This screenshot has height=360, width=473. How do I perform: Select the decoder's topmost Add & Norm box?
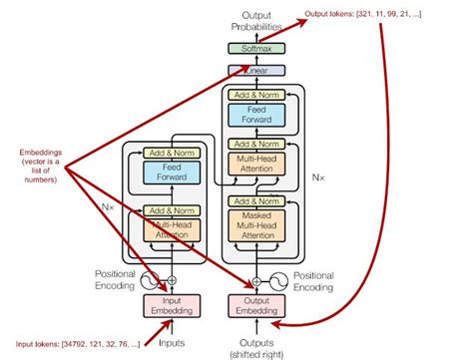(255, 93)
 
